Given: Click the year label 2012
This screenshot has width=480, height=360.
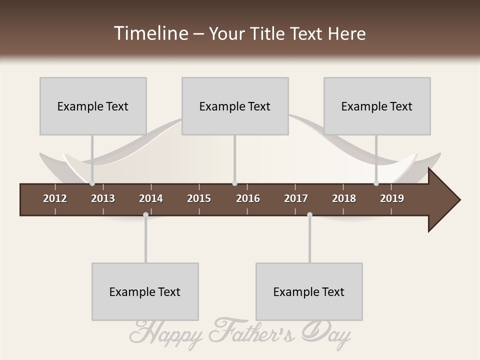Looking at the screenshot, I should click(x=55, y=198).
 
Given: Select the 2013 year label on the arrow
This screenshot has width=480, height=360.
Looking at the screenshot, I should click(x=103, y=198).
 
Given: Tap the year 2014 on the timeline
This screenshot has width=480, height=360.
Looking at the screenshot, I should click(x=151, y=198).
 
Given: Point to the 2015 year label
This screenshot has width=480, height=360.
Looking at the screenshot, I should click(x=199, y=198).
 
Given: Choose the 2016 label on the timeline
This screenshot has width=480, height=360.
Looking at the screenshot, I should click(x=248, y=198).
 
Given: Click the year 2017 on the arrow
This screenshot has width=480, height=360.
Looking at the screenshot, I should click(x=296, y=198).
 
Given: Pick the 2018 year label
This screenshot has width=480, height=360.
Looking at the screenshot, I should click(x=344, y=198).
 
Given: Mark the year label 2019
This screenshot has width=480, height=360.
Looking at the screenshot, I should click(x=392, y=198).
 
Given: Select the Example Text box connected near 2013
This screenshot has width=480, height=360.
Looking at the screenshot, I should click(x=93, y=106).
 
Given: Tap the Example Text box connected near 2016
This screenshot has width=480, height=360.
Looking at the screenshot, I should click(x=235, y=106).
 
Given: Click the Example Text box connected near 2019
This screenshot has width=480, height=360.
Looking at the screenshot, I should click(x=377, y=106).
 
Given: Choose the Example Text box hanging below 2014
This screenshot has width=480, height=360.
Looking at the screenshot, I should click(x=145, y=291).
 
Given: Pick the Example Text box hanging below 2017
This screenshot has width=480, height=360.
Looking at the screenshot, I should click(x=309, y=291).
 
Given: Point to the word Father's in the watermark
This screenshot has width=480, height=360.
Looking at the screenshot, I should click(x=253, y=330).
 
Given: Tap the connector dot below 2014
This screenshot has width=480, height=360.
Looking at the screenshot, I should click(x=145, y=214).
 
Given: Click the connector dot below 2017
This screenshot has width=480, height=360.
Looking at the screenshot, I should click(x=309, y=214).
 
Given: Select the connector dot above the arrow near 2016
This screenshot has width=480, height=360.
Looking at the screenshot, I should click(x=234, y=183).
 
